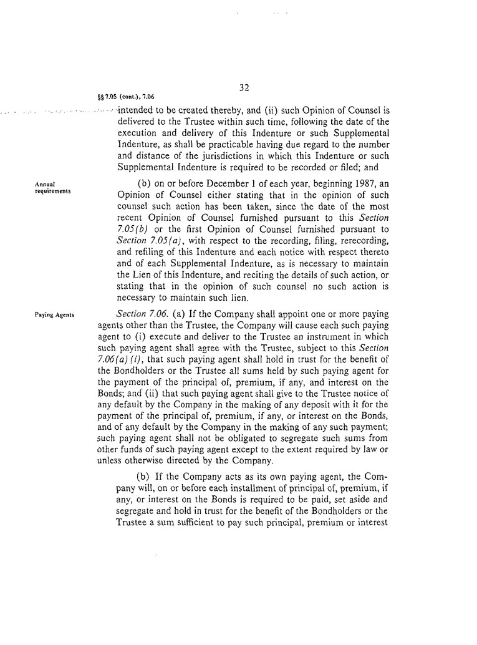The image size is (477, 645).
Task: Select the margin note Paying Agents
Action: coord(55,315)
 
